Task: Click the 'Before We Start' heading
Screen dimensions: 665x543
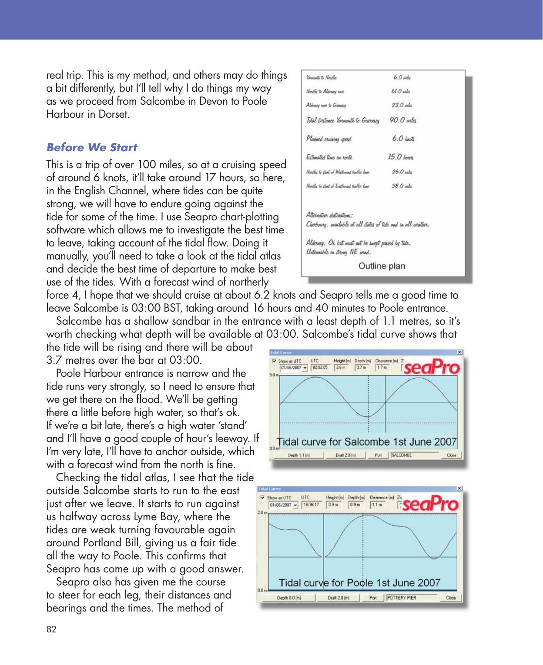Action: [x=91, y=147]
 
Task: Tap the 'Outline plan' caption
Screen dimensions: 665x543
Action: [x=381, y=266]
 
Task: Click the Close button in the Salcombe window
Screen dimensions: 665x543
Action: [x=451, y=456]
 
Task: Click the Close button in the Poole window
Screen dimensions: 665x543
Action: [x=451, y=597]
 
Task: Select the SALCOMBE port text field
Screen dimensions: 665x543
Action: [x=412, y=456]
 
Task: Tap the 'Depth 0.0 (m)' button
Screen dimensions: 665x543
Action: [x=289, y=597]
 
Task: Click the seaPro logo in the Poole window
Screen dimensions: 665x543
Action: [x=431, y=504]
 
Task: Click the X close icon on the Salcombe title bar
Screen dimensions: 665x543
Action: [x=460, y=352]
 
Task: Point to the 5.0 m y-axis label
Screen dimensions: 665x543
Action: [x=274, y=375]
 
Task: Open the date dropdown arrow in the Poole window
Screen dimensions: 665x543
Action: [x=295, y=505]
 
